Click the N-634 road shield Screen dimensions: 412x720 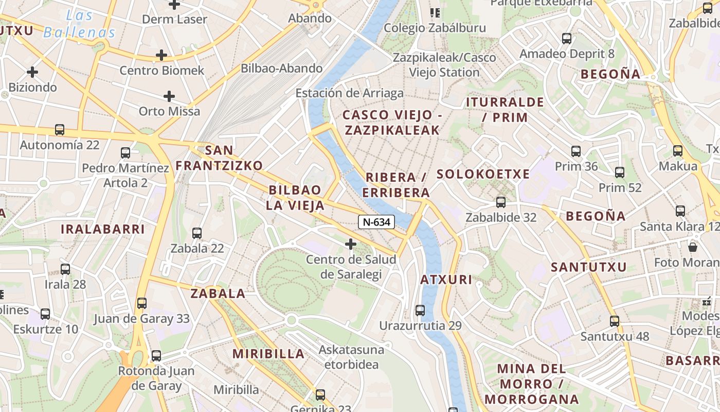pos(376,222)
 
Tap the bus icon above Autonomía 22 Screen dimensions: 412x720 pos(60,130)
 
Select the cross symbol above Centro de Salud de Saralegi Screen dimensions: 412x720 pos(351,244)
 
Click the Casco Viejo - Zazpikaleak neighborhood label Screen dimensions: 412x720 pos(392,122)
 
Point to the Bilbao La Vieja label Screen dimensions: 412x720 pos(295,198)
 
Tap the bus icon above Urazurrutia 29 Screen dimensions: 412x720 pos(420,311)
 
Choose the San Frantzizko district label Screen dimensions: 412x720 pos(220,158)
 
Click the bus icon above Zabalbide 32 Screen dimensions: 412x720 pos(501,202)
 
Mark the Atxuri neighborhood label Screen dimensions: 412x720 pos(446,280)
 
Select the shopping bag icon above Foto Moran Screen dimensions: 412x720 pos(693,247)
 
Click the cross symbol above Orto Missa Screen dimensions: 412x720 pos(169,96)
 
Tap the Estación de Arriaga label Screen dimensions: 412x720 pos(349,93)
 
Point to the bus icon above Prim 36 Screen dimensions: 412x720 pos(576,151)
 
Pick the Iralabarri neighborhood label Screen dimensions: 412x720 pos(103,229)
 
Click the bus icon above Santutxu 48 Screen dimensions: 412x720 pos(614,321)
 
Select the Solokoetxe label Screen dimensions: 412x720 pos(483,174)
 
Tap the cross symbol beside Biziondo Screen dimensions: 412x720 pos(32,72)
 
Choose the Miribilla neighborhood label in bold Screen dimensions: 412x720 pos(268,354)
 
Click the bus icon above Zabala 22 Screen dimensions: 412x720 pos(197,233)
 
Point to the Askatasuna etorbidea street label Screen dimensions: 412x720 pos(351,357)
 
